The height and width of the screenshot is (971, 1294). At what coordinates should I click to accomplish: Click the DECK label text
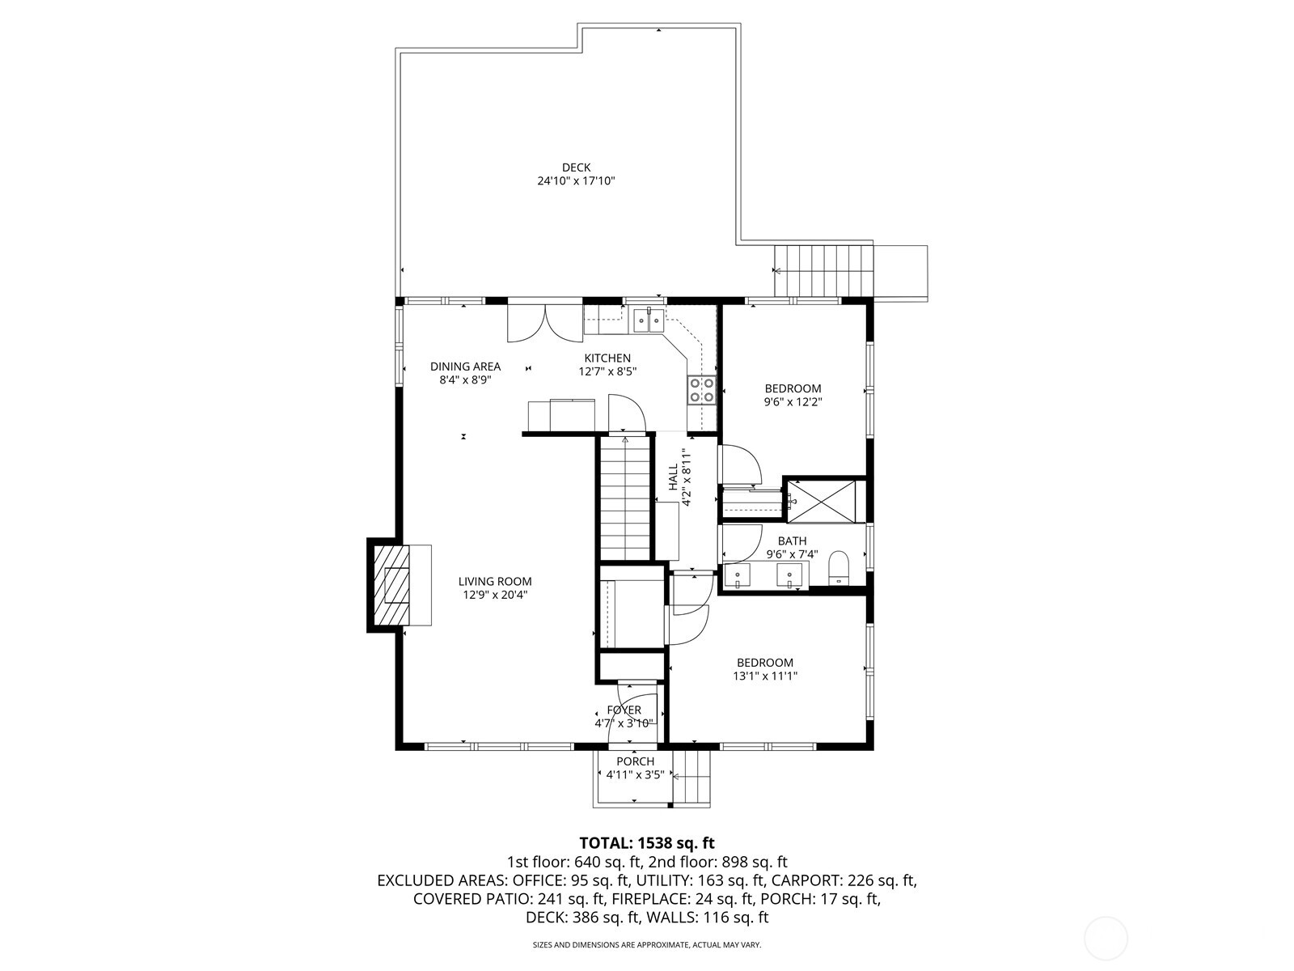click(x=577, y=167)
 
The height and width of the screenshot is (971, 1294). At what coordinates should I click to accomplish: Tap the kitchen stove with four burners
click(x=701, y=391)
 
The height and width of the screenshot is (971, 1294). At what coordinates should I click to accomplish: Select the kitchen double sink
click(x=649, y=320)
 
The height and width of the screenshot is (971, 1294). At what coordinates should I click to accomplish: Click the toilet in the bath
click(x=839, y=568)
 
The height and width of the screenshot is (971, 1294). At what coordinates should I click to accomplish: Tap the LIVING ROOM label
click(x=495, y=581)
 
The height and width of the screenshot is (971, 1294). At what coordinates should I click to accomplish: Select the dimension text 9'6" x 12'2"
click(x=793, y=401)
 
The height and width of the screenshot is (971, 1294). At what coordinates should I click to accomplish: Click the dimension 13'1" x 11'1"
click(x=764, y=676)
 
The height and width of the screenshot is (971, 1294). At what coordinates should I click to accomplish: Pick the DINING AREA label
click(x=465, y=367)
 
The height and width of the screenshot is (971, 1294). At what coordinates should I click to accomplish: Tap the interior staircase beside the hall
click(x=626, y=497)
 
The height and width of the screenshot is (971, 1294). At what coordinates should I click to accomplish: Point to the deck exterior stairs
click(x=825, y=270)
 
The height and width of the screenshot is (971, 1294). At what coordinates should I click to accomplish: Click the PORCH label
click(x=635, y=761)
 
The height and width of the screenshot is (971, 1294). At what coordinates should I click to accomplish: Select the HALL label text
click(x=673, y=477)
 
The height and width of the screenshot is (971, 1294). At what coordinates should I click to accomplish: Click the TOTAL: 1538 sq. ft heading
click(x=647, y=843)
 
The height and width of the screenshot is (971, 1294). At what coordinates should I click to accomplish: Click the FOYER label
click(x=624, y=710)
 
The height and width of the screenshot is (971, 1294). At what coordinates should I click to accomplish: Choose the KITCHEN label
click(x=607, y=358)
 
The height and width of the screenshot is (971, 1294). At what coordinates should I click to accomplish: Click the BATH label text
click(x=792, y=541)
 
